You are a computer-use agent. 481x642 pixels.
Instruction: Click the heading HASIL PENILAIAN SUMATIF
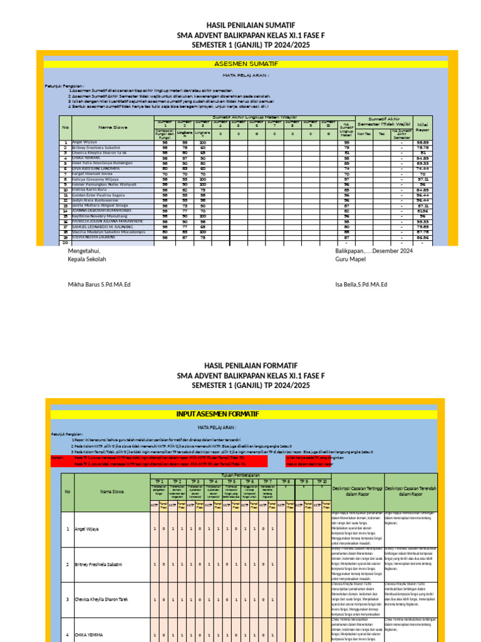click(x=241, y=24)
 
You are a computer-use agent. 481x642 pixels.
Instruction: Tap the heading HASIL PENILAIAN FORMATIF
click(x=241, y=366)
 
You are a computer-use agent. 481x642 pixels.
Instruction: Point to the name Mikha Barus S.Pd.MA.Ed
click(x=99, y=285)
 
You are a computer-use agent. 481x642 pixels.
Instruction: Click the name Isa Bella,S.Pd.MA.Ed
click(x=361, y=285)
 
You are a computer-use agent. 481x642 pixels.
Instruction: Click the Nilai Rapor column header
click(x=423, y=128)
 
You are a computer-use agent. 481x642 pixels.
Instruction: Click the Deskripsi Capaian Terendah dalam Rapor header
click(x=411, y=491)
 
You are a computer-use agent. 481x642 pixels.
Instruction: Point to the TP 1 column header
click(x=158, y=481)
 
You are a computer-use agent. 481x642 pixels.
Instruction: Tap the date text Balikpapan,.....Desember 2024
click(x=373, y=251)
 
